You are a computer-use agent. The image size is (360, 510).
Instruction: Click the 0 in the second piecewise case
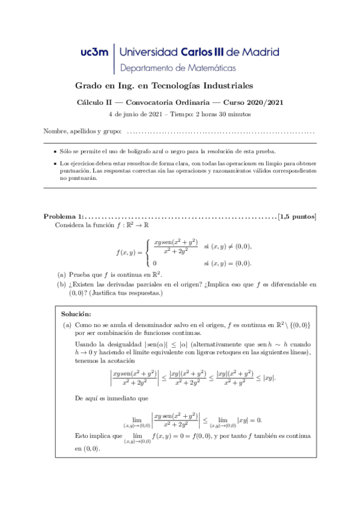(x=155, y=263)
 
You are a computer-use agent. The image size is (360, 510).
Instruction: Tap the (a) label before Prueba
(x=61, y=275)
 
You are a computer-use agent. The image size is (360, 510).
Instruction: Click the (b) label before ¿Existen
(x=61, y=285)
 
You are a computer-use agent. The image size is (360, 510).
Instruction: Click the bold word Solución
(x=76, y=314)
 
